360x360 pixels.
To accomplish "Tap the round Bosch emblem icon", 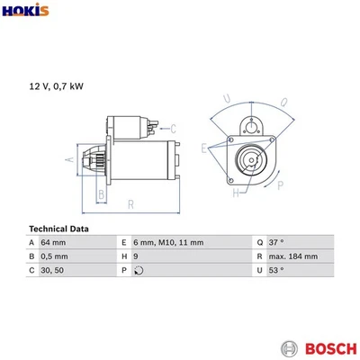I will [288, 347].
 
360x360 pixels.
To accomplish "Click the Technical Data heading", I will [59, 229].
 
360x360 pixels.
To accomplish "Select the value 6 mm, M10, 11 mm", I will [167, 243].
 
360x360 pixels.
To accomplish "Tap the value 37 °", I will [275, 243].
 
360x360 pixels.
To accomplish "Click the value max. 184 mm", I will [292, 256].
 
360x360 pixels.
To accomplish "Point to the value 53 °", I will [275, 270].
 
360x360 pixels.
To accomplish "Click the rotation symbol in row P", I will [137, 270].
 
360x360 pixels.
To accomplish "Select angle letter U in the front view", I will [226, 100].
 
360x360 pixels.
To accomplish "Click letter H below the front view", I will [235, 193].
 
